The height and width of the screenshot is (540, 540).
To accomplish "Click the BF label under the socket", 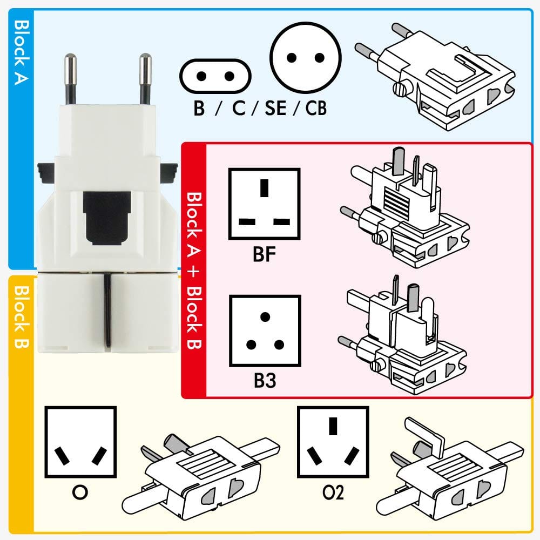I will [x=264, y=254].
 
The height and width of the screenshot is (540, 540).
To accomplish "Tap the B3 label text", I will [x=265, y=381].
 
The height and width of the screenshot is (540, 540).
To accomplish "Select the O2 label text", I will [x=333, y=492].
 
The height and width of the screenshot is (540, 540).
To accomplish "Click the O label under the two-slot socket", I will [x=80, y=492].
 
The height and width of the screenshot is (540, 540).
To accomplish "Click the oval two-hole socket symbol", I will [x=215, y=76].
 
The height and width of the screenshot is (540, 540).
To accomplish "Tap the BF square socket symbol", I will [x=264, y=204].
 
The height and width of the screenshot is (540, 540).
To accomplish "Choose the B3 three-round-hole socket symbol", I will [x=265, y=330].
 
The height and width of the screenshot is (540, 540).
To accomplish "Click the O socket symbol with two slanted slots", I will [x=80, y=442].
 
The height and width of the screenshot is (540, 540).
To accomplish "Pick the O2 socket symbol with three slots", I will [x=333, y=442].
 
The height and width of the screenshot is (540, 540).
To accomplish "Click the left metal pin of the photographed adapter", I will [x=70, y=78].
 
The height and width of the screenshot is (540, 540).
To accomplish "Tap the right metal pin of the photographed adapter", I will [x=144, y=78].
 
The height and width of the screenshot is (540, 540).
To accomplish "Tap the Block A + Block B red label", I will [x=194, y=270].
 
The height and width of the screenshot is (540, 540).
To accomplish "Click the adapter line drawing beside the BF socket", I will [x=402, y=208].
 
